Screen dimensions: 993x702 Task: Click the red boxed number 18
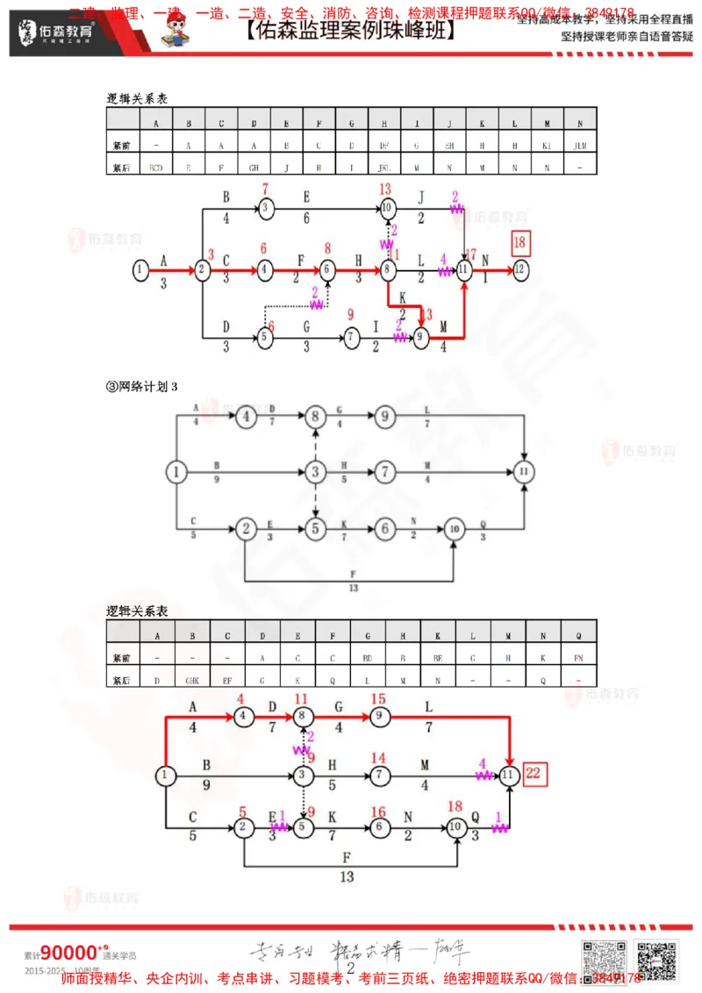[x=520, y=242]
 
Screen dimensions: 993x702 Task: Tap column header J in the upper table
[x=449, y=122]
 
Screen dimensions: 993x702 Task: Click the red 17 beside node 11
[x=471, y=254]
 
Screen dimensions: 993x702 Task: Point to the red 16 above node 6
[x=378, y=812]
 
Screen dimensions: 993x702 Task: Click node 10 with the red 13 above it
[x=387, y=208]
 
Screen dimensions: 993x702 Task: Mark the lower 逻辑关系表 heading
[x=137, y=610]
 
